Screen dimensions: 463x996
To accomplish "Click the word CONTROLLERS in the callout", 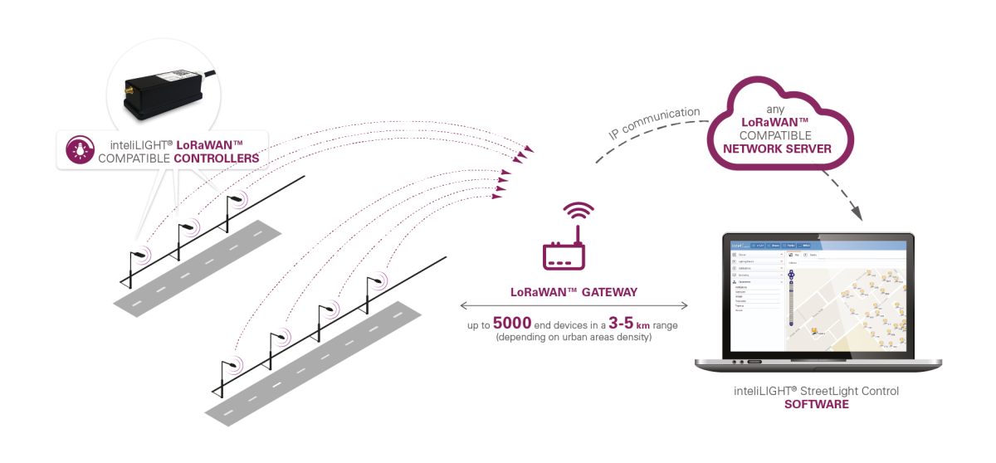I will (217, 157).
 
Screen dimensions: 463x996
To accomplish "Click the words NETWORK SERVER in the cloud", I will (784, 149).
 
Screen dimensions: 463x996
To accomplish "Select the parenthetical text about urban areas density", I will (574, 339).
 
